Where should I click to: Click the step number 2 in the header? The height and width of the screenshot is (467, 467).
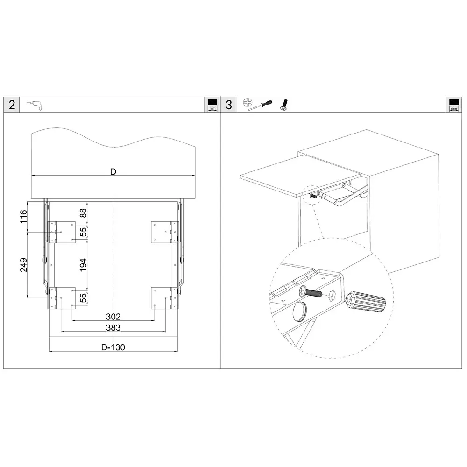(x=12, y=105)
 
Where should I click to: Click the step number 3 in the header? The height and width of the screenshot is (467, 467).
(x=229, y=105)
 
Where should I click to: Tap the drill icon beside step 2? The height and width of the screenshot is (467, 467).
(x=35, y=105)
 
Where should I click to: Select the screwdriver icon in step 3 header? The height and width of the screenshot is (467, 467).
(x=260, y=105)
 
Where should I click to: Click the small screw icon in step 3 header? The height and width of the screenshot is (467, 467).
(x=284, y=105)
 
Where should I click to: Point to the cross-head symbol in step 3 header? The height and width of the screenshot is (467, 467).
(x=248, y=103)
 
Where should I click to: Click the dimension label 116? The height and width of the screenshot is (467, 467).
(x=23, y=217)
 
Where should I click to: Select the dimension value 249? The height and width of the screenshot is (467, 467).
(x=23, y=265)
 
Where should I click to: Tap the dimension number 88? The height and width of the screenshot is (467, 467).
(x=83, y=213)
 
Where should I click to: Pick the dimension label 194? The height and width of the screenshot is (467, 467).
(x=83, y=265)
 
